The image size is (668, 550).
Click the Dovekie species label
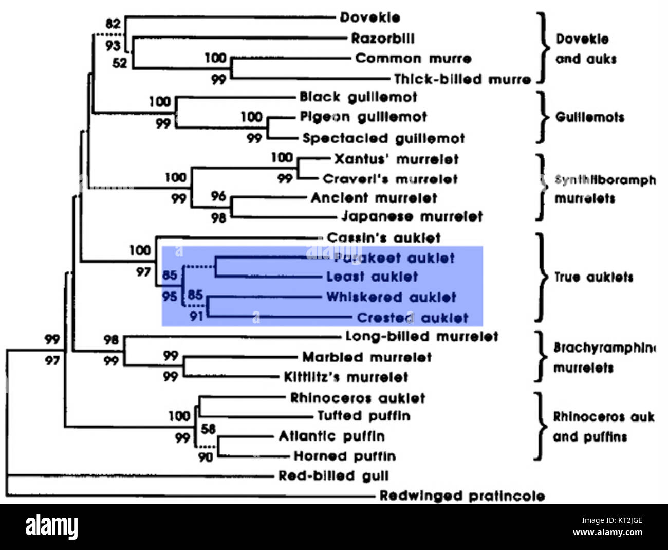tap(370, 17)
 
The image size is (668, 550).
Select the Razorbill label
tap(383, 38)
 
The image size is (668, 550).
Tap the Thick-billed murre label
tap(462, 79)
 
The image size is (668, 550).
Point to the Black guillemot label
tap(358, 97)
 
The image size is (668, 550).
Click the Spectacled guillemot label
tap(383, 138)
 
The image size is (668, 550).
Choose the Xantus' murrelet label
tap(396, 159)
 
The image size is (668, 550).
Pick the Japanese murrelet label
tap(412, 216)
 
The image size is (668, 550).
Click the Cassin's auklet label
tap(384, 237)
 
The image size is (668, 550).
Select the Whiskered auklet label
tap(391, 297)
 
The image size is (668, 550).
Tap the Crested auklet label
tap(413, 318)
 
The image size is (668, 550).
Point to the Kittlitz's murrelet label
tap(346, 377)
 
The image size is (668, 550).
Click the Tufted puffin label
tap(364, 415)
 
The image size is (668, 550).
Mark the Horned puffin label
tap(344, 456)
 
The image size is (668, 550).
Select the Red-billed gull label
tap(333, 476)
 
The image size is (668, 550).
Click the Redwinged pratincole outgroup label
tap(462, 496)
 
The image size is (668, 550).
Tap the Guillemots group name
tap(590, 117)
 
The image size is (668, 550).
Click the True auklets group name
tap(593, 277)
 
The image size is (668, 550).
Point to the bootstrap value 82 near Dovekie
tap(113, 24)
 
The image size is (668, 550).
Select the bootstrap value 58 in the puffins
tap(208, 428)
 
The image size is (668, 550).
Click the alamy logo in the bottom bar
tap(52, 527)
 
